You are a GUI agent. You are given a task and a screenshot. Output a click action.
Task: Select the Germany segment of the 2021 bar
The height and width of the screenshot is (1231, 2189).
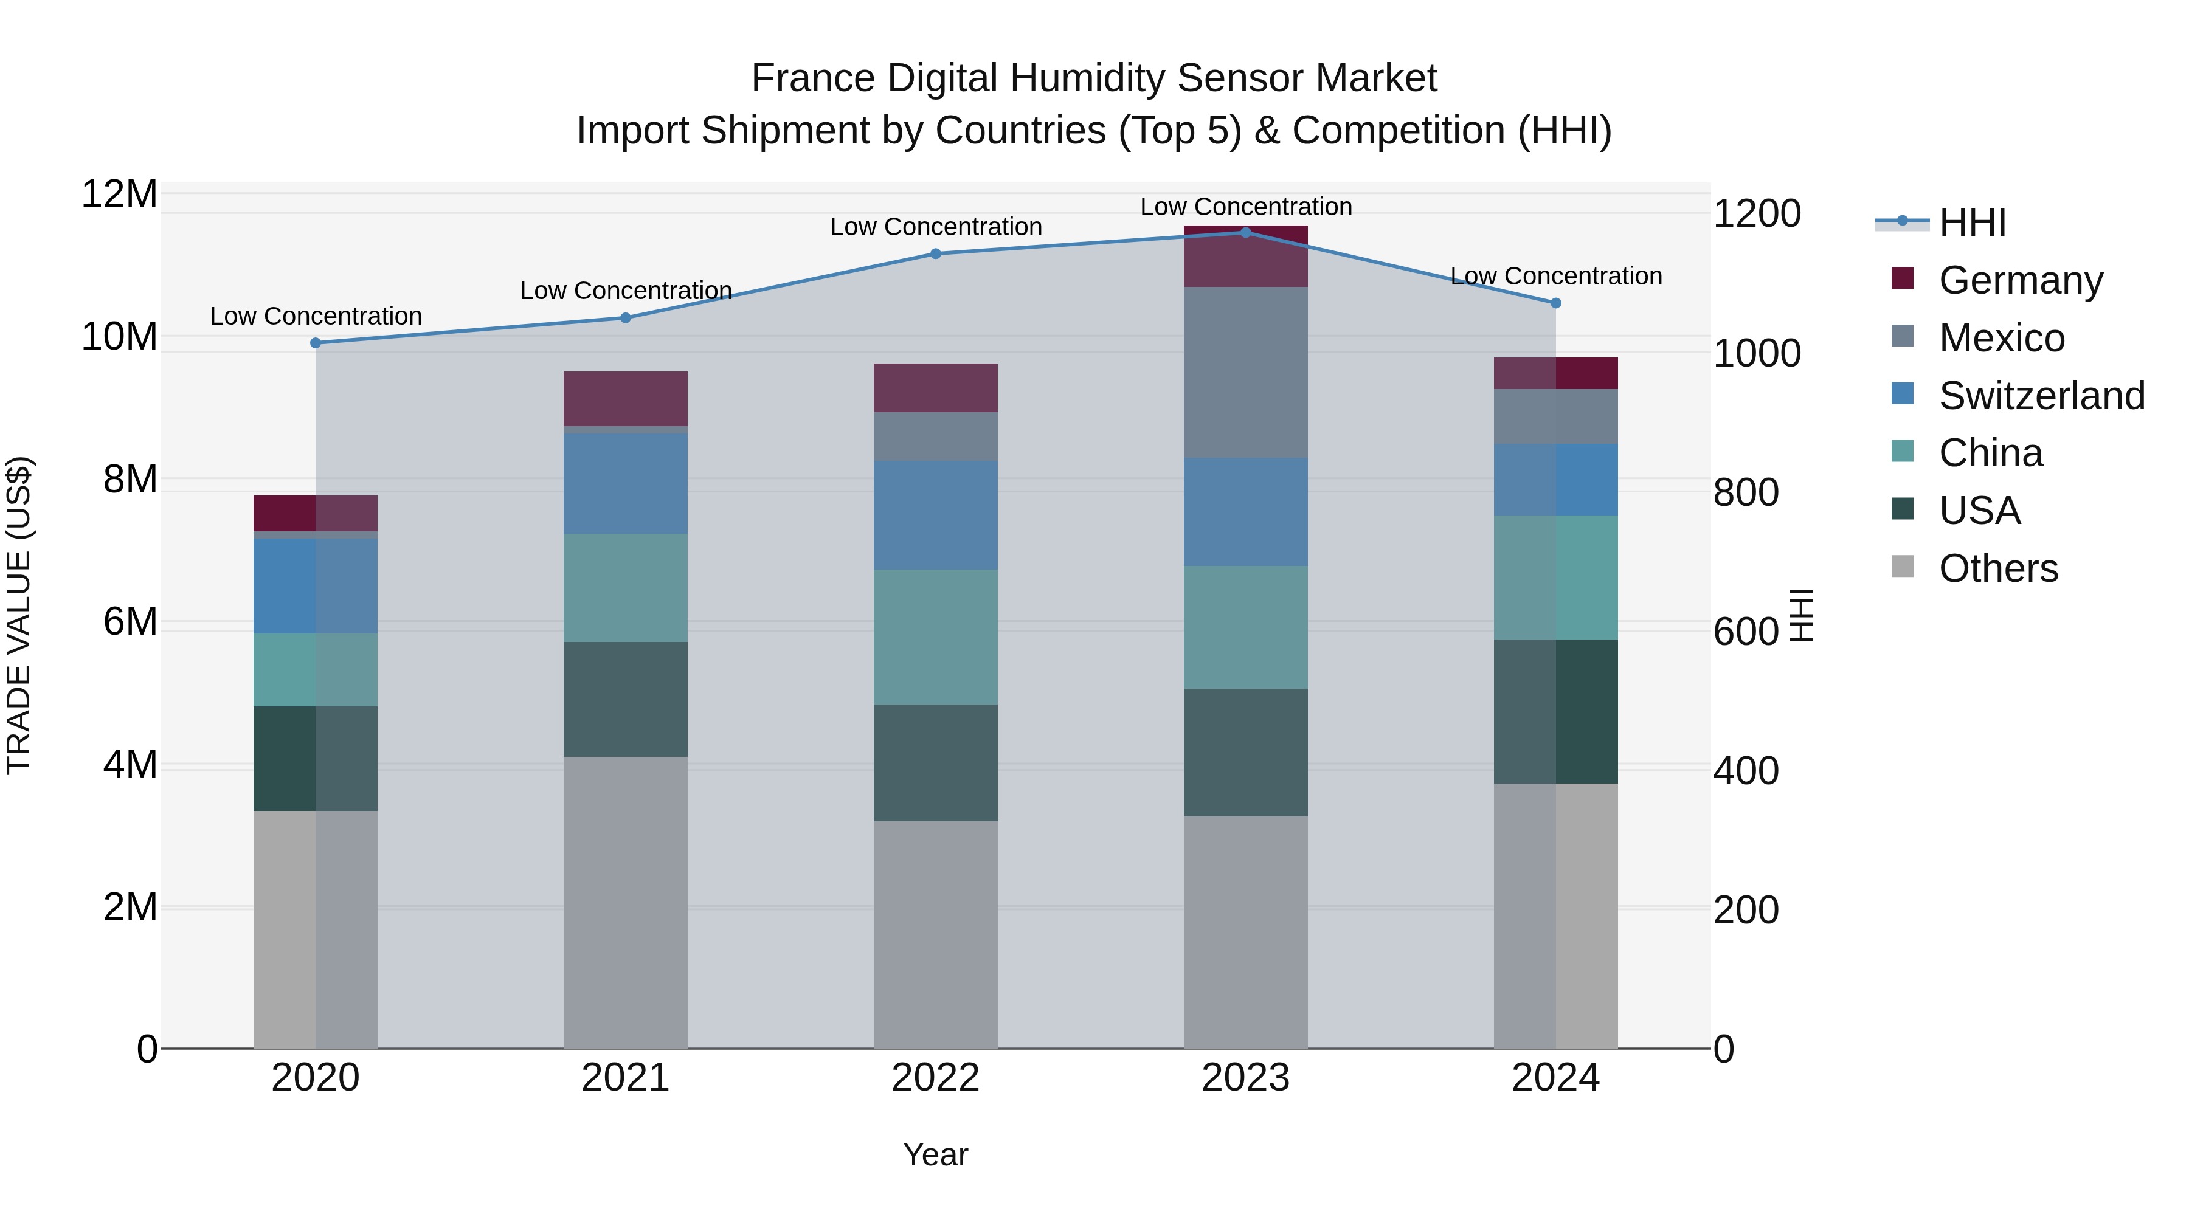[x=626, y=398]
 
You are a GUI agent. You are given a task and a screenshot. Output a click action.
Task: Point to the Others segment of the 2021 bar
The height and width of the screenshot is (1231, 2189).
[x=626, y=902]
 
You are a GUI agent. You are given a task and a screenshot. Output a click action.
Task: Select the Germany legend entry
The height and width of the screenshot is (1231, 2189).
[x=2019, y=280]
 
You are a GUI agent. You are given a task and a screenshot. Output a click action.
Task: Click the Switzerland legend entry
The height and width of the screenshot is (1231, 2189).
[x=2039, y=396]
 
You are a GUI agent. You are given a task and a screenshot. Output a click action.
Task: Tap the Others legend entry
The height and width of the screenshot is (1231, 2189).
[x=1997, y=568]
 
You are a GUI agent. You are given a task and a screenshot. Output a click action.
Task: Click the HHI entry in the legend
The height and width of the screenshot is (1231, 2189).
[x=1971, y=222]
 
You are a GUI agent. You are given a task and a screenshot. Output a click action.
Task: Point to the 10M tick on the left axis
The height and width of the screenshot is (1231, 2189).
[x=119, y=337]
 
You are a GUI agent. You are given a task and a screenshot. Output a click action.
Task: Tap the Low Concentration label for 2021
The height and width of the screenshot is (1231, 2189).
[x=626, y=291]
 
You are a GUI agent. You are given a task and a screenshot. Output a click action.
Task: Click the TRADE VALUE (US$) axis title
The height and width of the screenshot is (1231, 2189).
[x=19, y=615]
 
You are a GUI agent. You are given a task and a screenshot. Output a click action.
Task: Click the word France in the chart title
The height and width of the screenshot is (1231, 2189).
[x=814, y=78]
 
